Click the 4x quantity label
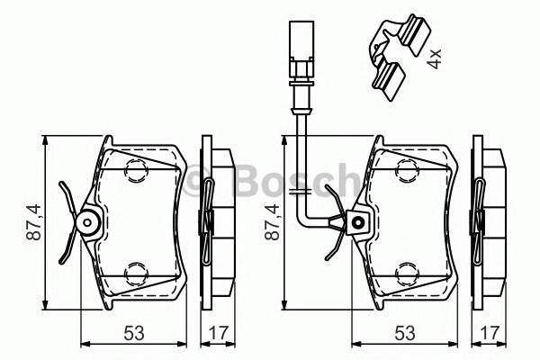435,59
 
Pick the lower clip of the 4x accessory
388,76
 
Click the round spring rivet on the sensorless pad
87,221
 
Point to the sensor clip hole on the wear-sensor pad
358,221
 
